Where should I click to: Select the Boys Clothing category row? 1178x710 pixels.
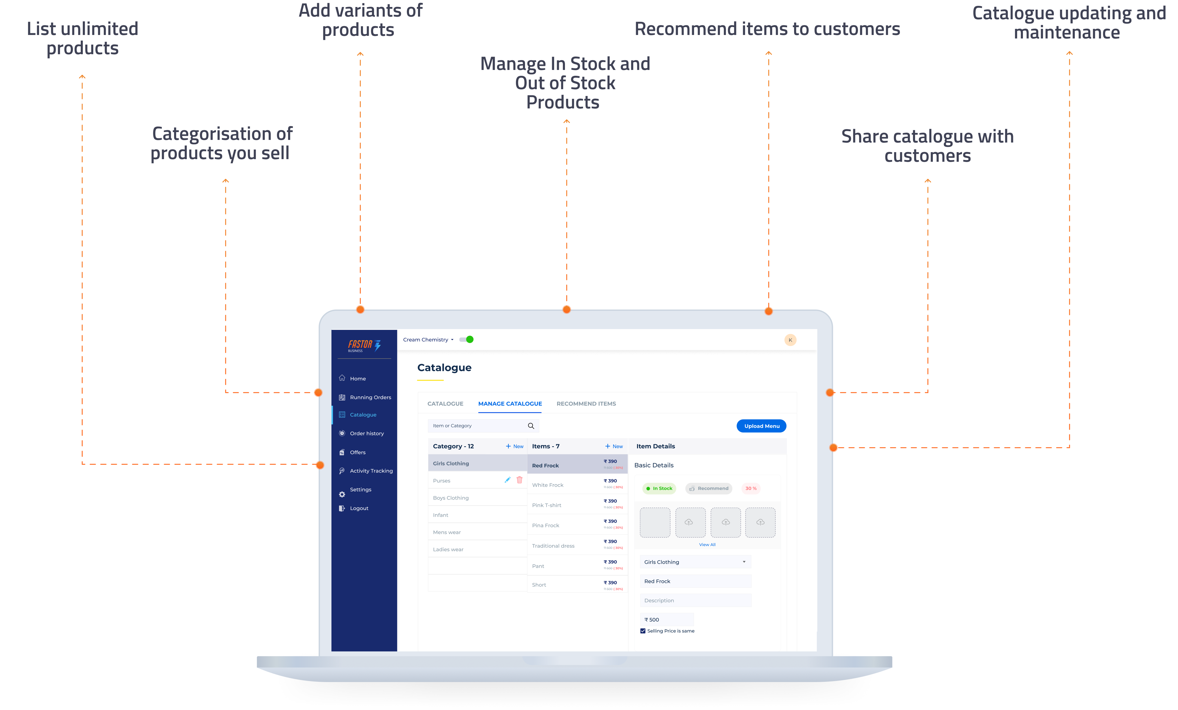(x=451, y=498)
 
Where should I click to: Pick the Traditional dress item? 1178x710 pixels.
(x=553, y=546)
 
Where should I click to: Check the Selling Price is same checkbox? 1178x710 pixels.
(x=643, y=631)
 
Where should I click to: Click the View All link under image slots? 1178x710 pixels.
(x=707, y=544)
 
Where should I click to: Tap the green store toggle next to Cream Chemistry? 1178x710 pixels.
(x=467, y=340)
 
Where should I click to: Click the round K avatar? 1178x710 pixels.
(x=790, y=340)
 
